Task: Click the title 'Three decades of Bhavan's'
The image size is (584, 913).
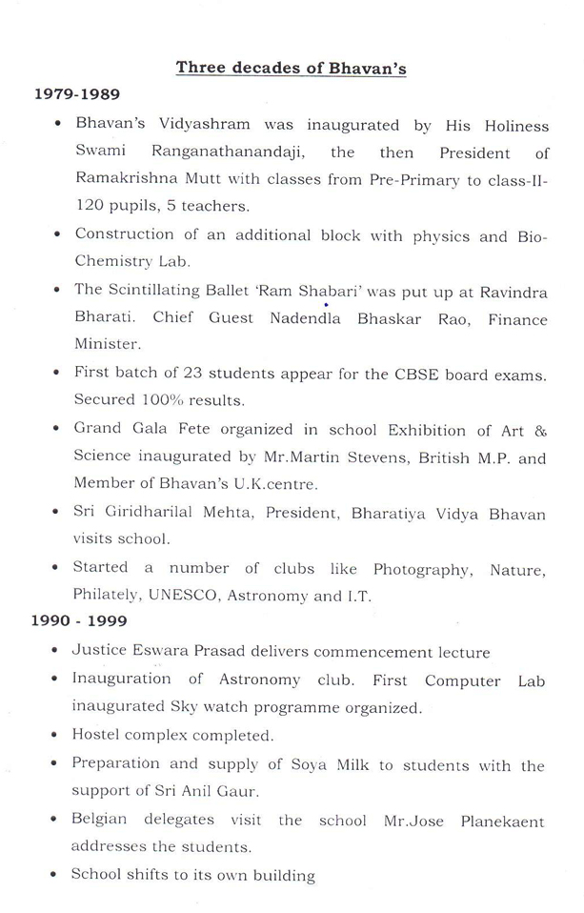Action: point(291,68)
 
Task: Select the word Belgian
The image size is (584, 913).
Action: point(103,820)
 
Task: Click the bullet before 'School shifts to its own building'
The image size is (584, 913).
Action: point(59,875)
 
